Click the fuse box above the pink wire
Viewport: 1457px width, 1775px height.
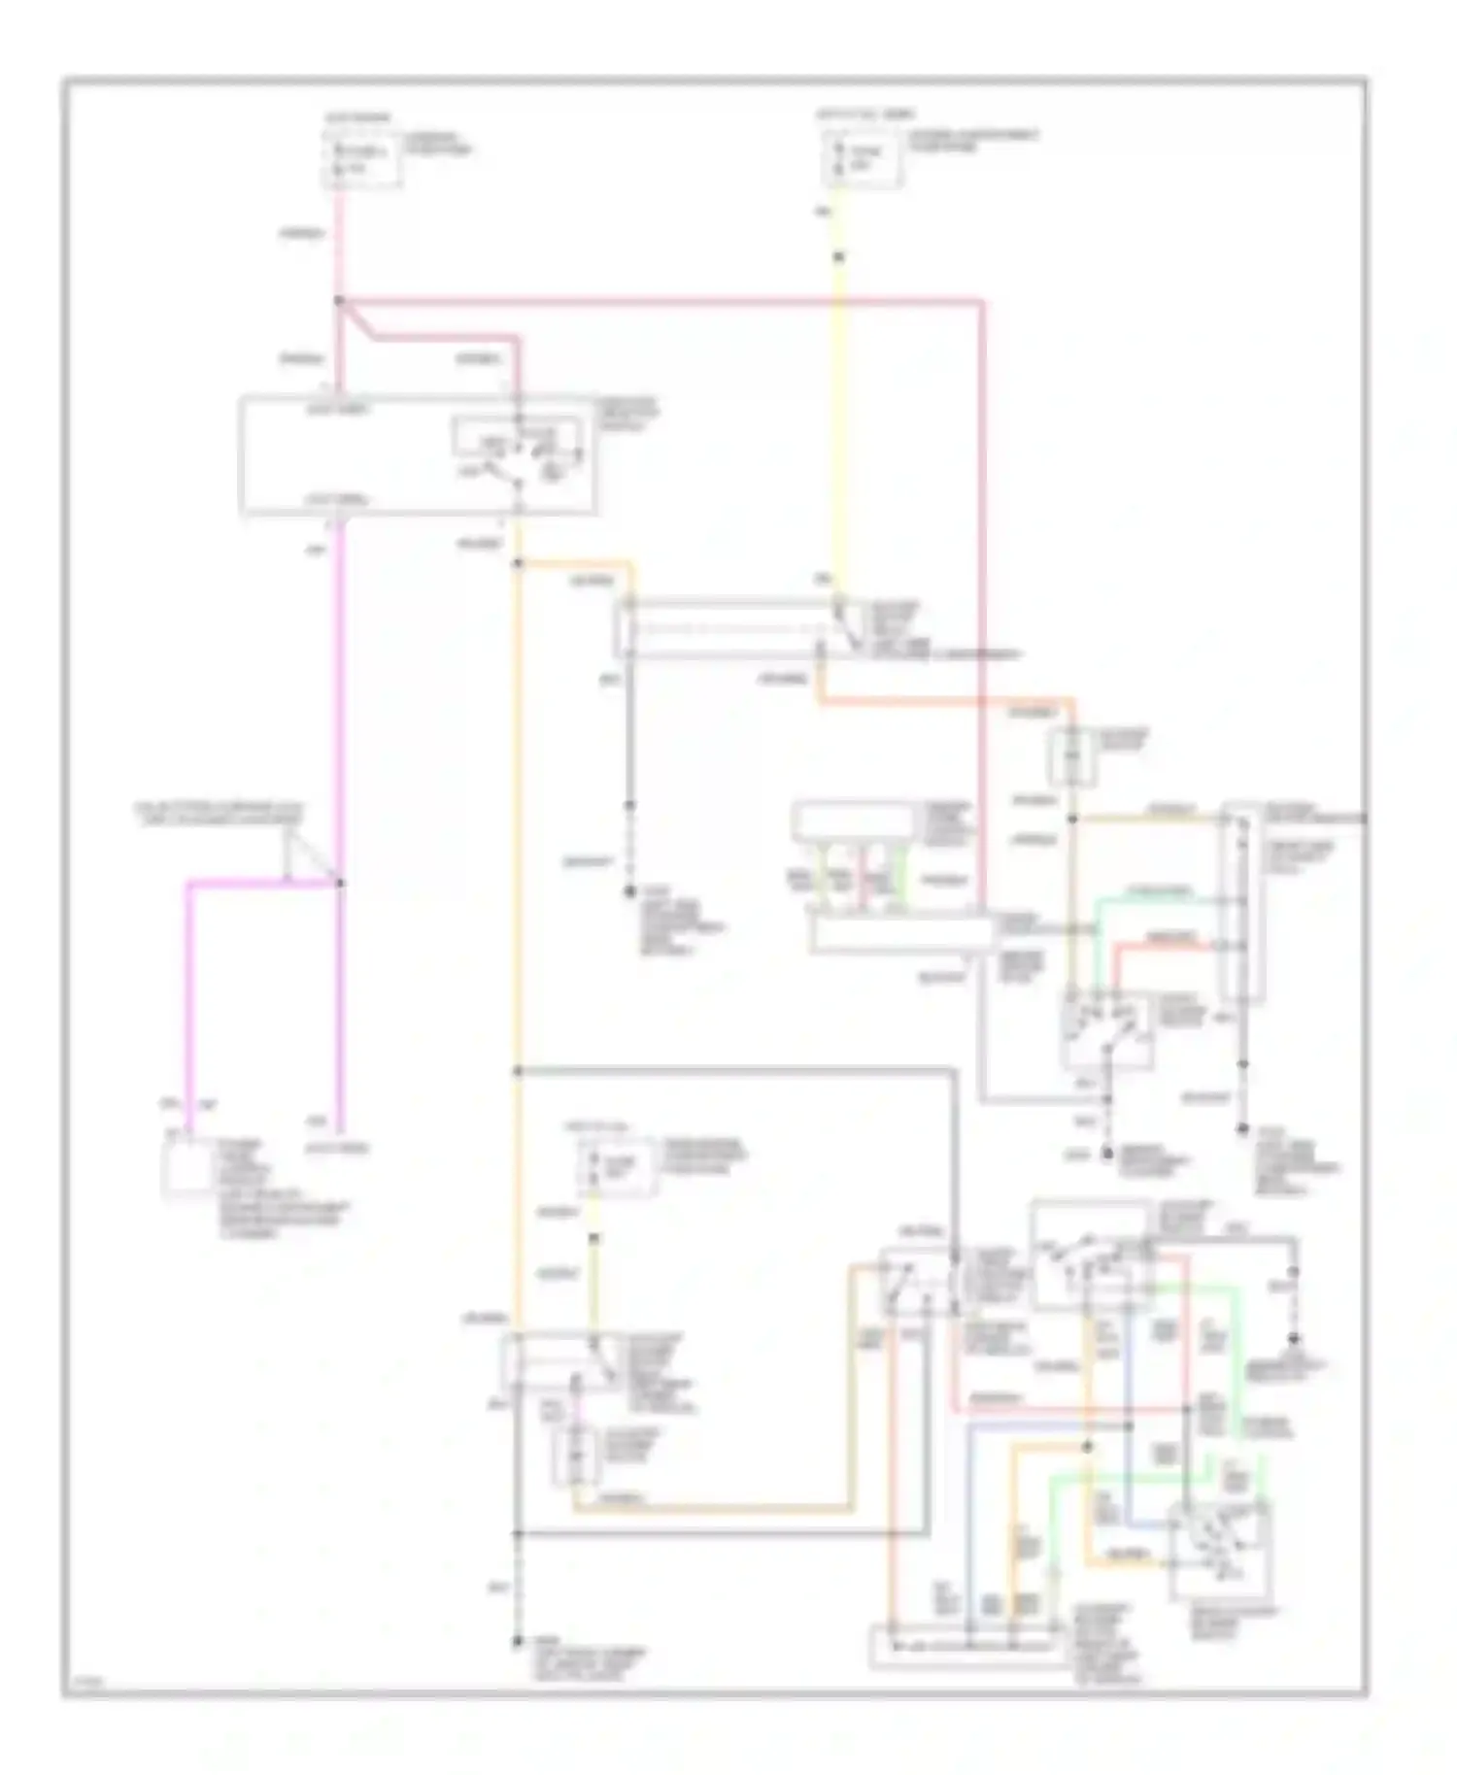(x=360, y=159)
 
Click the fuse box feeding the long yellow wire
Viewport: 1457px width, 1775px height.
(x=864, y=159)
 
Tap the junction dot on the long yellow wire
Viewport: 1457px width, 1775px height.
(x=839, y=257)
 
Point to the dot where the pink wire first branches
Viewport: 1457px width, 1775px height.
(x=339, y=301)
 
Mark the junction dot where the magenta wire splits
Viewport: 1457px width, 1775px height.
(x=339, y=883)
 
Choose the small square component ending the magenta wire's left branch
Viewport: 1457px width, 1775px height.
(x=186, y=1166)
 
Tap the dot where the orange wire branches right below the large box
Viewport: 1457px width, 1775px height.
(x=518, y=563)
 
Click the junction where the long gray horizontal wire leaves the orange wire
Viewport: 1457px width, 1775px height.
(x=518, y=1071)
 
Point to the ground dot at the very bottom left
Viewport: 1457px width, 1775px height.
(x=518, y=1642)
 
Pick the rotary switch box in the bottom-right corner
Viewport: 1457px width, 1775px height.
(x=1219, y=1549)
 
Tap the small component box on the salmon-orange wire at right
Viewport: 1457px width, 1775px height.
(x=1071, y=756)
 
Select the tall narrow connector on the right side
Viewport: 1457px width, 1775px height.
(x=1242, y=903)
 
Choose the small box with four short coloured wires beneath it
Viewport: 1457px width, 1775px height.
(x=854, y=822)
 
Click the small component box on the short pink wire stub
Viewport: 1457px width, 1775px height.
(x=575, y=1456)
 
